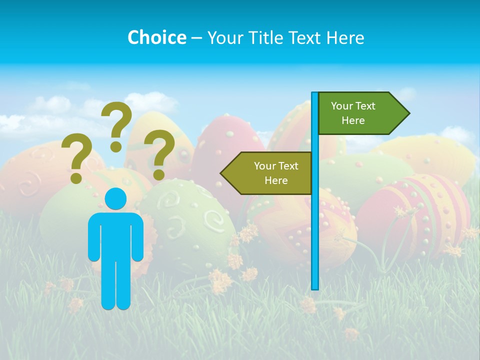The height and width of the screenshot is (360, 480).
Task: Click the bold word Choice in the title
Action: click(x=156, y=37)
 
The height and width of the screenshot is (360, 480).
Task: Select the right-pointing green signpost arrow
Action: click(x=360, y=113)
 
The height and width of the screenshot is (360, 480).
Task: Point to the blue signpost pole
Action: click(x=315, y=200)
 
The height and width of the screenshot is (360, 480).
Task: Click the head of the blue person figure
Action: click(x=115, y=198)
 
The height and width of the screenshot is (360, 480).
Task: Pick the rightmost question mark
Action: click(x=159, y=152)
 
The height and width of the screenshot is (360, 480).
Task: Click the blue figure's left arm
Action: click(x=94, y=237)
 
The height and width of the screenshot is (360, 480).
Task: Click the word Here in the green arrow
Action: click(x=353, y=120)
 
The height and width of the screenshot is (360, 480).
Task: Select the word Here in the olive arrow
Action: click(x=276, y=180)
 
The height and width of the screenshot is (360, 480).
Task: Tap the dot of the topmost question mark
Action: click(x=116, y=146)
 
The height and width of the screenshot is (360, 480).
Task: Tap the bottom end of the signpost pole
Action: click(x=315, y=287)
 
